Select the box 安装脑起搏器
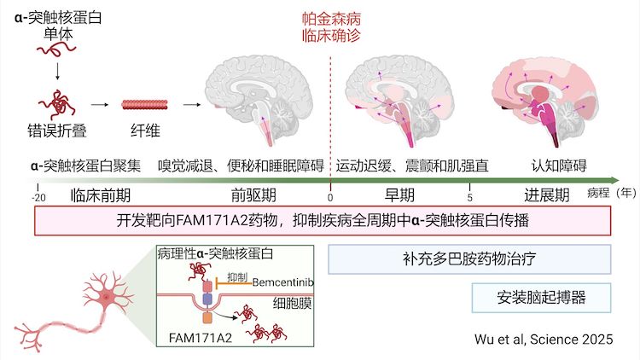point(542,299)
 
